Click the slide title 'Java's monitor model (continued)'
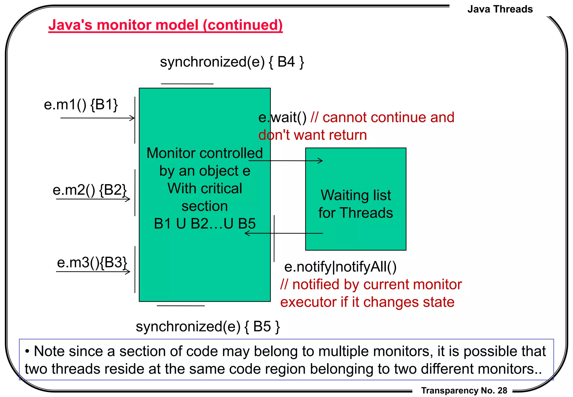(165, 25)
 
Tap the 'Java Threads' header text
(500, 9)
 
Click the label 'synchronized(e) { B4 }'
(232, 62)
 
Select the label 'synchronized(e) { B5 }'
(208, 326)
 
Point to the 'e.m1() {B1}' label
(81, 105)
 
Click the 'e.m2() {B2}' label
(90, 190)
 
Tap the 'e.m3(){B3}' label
(92, 263)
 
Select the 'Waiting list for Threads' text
(356, 204)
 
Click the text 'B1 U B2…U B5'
(205, 224)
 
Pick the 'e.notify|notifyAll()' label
(340, 267)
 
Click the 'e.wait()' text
(282, 117)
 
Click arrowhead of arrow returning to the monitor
(246, 233)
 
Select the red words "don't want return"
(312, 135)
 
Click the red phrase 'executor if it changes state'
(367, 302)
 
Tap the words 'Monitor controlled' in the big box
(205, 153)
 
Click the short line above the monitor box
(187, 84)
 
